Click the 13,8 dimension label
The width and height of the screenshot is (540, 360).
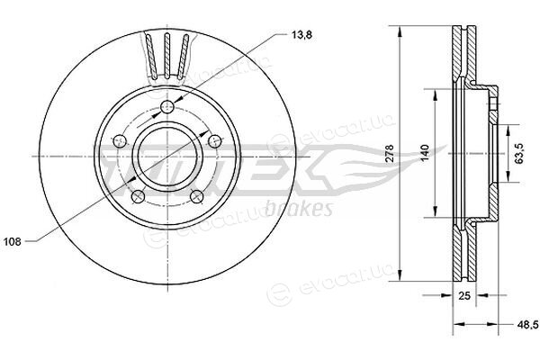(x=301, y=35)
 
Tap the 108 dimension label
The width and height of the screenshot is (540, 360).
(x=13, y=242)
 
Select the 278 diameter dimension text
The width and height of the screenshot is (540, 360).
(x=389, y=153)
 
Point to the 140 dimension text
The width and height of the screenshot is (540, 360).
(x=425, y=153)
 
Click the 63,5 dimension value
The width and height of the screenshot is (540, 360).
(x=519, y=152)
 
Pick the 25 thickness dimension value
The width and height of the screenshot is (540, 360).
(x=464, y=295)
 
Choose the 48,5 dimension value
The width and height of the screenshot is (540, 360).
(x=528, y=324)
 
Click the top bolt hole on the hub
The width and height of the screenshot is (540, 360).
(x=167, y=107)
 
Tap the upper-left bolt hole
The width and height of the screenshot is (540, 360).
(x=120, y=140)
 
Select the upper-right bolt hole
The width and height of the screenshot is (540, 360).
(x=215, y=140)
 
